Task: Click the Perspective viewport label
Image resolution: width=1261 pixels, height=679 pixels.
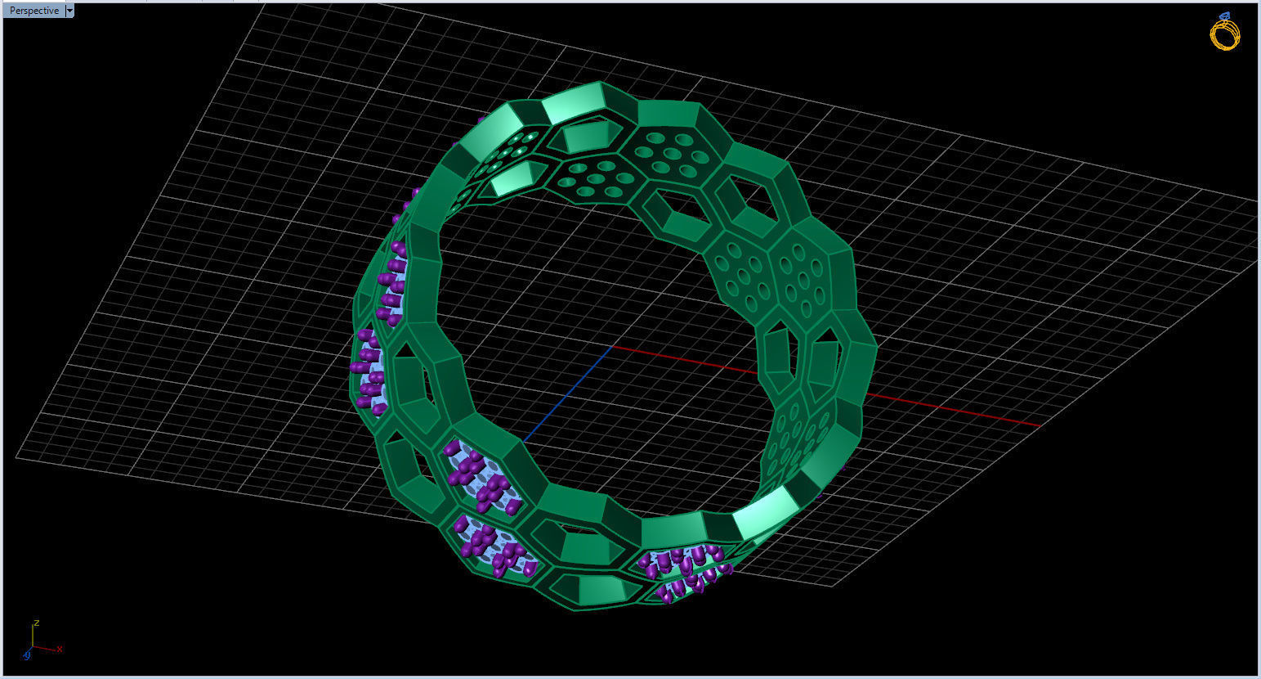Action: pyautogui.click(x=34, y=11)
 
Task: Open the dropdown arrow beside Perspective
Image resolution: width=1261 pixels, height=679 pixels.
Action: pyautogui.click(x=69, y=11)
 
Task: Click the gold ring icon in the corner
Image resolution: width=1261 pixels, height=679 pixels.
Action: pyautogui.click(x=1224, y=34)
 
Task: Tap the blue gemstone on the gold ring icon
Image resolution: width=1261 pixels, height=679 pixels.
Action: pyautogui.click(x=1225, y=16)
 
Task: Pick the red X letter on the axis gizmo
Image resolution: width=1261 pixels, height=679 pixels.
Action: pyautogui.click(x=60, y=650)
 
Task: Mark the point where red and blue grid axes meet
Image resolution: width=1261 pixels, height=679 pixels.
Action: pyautogui.click(x=612, y=346)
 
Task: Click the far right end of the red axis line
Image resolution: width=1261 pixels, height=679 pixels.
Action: pyautogui.click(x=1040, y=425)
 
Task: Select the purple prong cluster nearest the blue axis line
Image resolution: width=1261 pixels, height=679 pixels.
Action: pyautogui.click(x=481, y=479)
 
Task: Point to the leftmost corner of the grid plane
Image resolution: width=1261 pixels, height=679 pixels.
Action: pyautogui.click(x=16, y=458)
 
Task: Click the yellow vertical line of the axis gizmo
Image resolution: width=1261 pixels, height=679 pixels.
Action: pyautogui.click(x=34, y=638)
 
